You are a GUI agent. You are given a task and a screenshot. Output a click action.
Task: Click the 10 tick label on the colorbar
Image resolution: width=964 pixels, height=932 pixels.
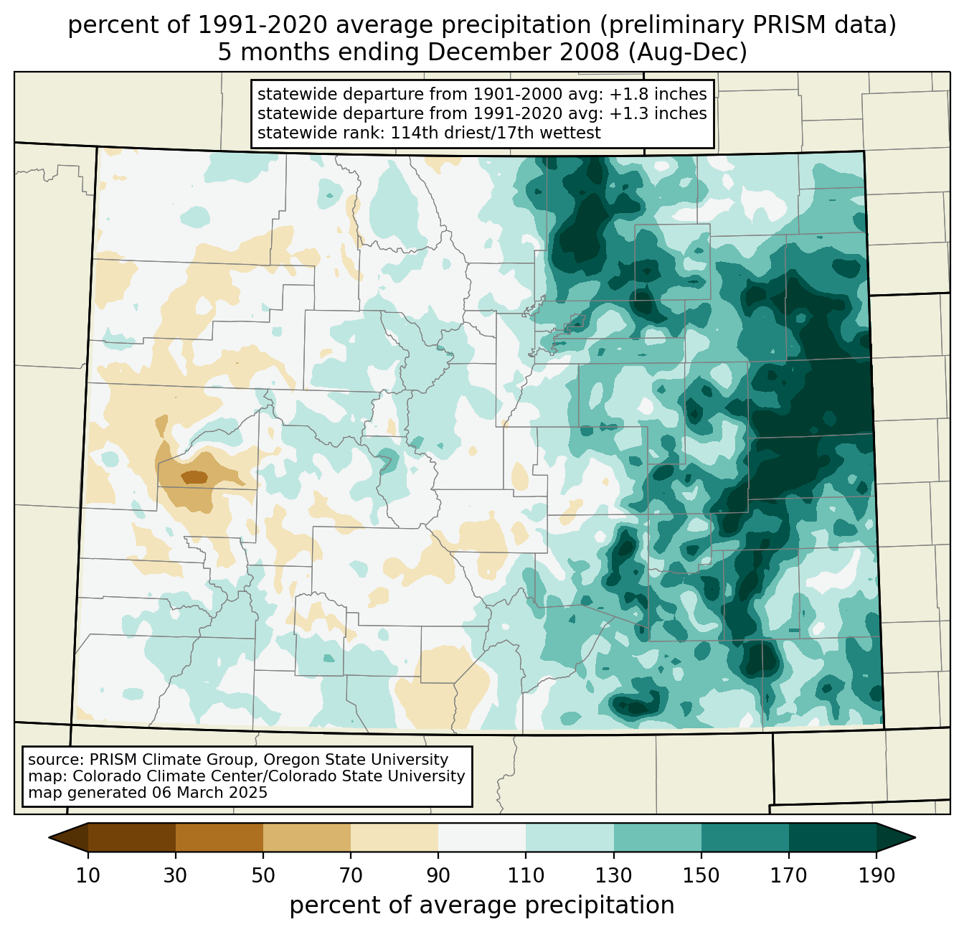(x=88, y=876)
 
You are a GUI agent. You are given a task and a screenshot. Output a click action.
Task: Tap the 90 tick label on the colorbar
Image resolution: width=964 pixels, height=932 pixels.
(x=438, y=876)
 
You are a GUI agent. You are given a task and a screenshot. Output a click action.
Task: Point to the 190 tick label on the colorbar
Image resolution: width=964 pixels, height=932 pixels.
(x=876, y=876)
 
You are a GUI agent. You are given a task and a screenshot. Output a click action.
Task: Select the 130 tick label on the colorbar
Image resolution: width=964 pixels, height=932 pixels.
(x=614, y=876)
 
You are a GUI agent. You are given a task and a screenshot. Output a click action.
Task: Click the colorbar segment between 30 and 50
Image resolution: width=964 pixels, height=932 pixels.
(x=219, y=837)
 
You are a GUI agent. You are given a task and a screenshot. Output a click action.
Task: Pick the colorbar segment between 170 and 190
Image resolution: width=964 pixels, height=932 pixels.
(x=832, y=837)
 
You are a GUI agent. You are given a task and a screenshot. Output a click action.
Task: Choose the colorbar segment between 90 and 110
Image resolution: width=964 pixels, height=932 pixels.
(x=482, y=837)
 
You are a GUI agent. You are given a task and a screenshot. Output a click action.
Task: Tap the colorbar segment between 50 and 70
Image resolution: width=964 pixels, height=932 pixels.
(x=307, y=837)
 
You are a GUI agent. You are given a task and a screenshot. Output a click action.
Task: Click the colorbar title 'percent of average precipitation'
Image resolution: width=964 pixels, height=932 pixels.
(x=482, y=905)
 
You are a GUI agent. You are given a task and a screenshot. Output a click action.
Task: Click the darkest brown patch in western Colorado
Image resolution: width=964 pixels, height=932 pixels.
(x=194, y=476)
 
